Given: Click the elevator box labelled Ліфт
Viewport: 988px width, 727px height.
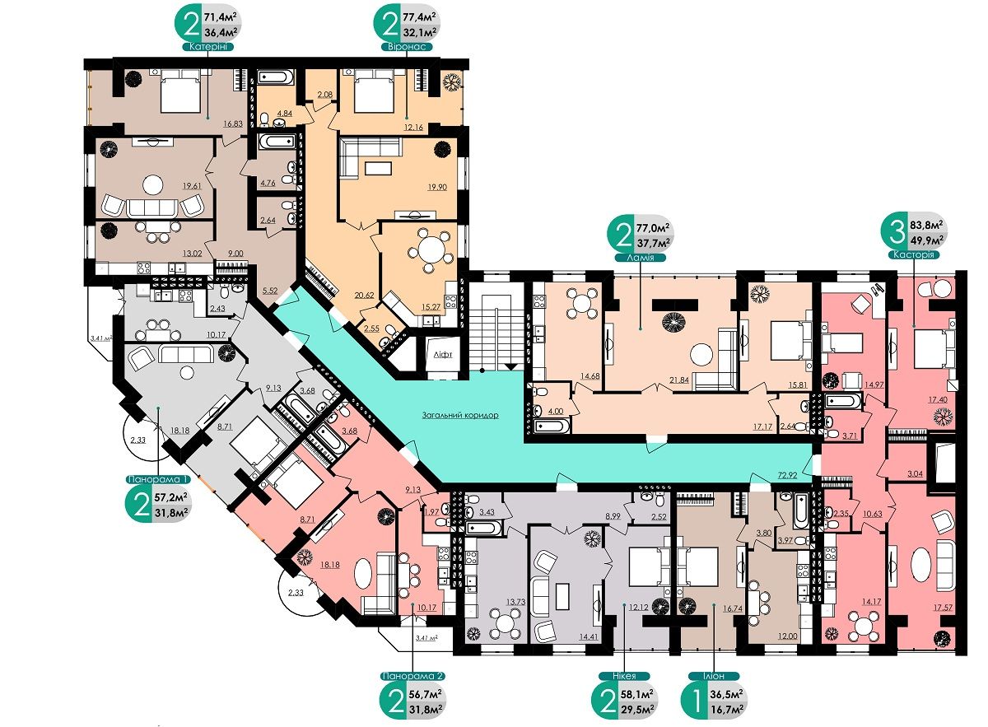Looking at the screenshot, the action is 443,355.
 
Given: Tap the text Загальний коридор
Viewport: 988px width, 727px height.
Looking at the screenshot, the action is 460,415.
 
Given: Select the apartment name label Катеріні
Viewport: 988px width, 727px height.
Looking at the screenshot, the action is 208,46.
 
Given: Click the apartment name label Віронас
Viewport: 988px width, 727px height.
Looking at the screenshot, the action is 407,46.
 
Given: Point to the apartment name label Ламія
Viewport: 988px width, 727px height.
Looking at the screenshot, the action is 641,258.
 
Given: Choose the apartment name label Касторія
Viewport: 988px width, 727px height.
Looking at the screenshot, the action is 913,254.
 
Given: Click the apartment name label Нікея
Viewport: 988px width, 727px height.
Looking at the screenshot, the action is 624,676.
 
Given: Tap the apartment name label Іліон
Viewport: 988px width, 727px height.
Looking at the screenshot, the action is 712,676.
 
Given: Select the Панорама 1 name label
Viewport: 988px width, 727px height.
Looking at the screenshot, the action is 159,478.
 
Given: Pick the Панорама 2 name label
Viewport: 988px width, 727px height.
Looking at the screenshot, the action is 412,676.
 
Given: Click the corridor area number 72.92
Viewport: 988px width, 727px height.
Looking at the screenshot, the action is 787,475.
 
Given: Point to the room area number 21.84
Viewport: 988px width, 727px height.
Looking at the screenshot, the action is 678,379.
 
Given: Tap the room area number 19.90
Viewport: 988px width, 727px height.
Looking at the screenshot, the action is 437,187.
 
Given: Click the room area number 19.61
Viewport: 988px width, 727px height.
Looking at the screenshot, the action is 193,186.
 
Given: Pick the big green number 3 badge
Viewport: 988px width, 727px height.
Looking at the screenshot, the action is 897,232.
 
